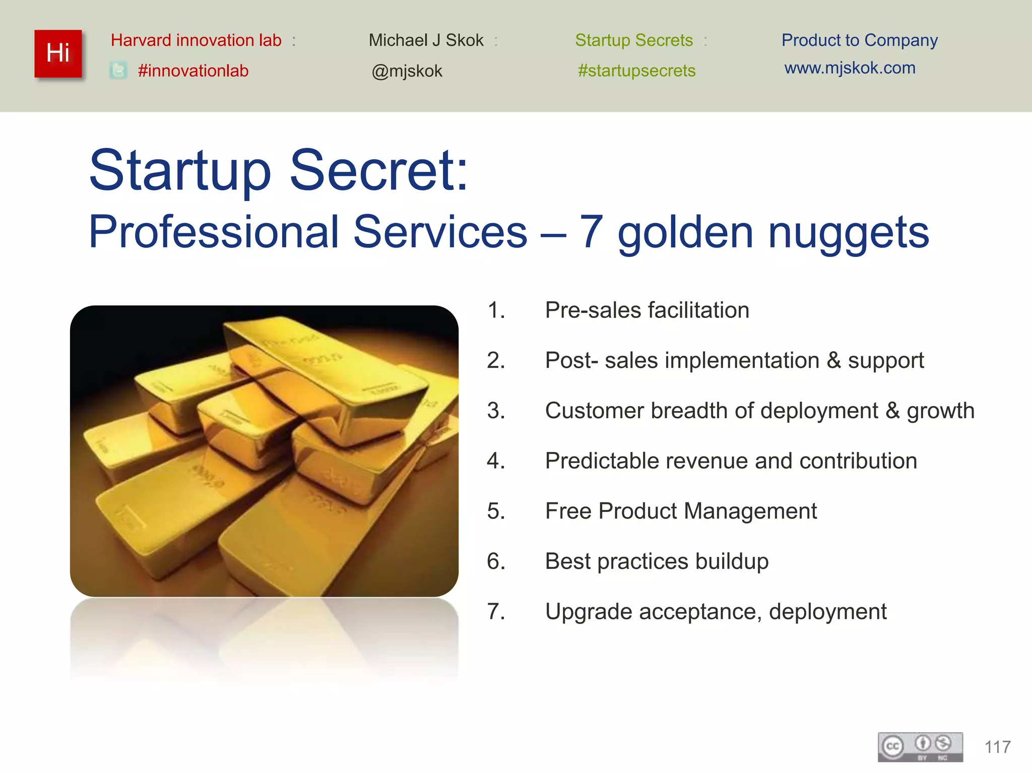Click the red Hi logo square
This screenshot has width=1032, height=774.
(x=58, y=53)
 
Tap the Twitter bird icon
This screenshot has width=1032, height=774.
(x=118, y=71)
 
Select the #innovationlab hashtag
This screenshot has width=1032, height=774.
(x=193, y=71)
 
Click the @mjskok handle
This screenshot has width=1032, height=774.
(x=407, y=71)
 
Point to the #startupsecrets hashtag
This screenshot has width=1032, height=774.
(x=636, y=71)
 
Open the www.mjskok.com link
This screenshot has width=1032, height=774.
(x=850, y=68)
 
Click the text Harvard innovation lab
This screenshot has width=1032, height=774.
(x=196, y=40)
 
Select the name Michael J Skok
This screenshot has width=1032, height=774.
(x=426, y=40)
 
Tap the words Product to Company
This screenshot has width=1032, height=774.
(x=859, y=40)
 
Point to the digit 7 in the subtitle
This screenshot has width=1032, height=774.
(x=591, y=232)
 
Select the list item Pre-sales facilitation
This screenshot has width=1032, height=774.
(x=647, y=310)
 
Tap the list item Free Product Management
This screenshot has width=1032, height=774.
(x=680, y=511)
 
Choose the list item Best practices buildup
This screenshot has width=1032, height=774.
(x=657, y=561)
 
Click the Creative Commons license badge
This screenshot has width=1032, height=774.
(x=920, y=747)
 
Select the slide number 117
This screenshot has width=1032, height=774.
(x=997, y=747)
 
